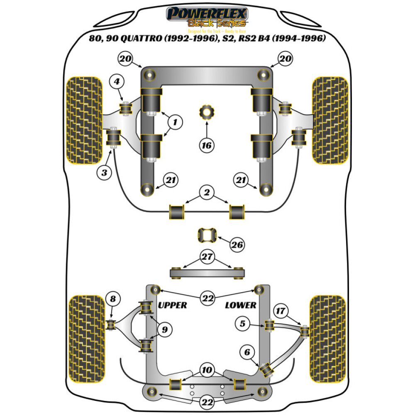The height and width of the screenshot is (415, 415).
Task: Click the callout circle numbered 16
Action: point(206,145)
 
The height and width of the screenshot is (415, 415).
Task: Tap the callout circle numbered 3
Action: point(105,172)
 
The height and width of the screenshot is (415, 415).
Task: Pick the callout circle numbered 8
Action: point(113,298)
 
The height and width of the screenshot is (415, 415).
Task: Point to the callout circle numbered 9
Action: point(165,330)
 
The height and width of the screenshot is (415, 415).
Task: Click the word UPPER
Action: point(173,305)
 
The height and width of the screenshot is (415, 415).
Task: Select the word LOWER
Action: point(241,305)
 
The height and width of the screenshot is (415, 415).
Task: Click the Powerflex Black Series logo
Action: point(207,17)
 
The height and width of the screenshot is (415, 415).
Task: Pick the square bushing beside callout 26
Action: point(206,236)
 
